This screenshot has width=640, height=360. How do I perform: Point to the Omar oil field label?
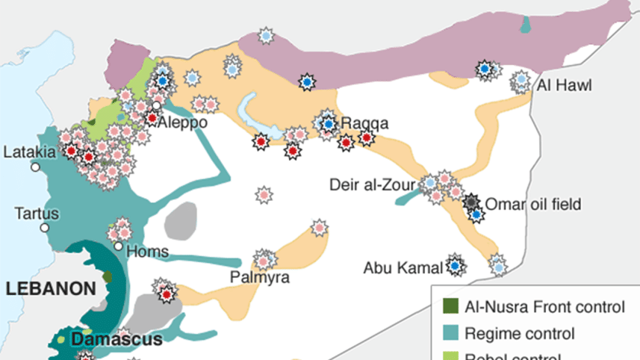coord(532,204)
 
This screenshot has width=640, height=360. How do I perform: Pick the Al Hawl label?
coord(564,86)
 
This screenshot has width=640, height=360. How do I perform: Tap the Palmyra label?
coord(261,278)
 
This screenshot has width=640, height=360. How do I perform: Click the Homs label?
coord(147,252)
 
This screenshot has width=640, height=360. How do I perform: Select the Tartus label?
coord(36,214)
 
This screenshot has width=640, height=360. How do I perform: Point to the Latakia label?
coord(30,152)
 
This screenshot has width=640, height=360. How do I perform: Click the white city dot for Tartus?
coord(46,227)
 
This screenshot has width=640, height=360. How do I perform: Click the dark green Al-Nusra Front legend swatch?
coord(450,306)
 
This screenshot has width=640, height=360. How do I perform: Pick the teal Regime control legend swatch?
coord(450,333)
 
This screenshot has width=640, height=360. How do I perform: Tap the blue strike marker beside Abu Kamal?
coord(454,264)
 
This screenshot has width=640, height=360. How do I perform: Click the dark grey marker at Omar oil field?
coord(471,202)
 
